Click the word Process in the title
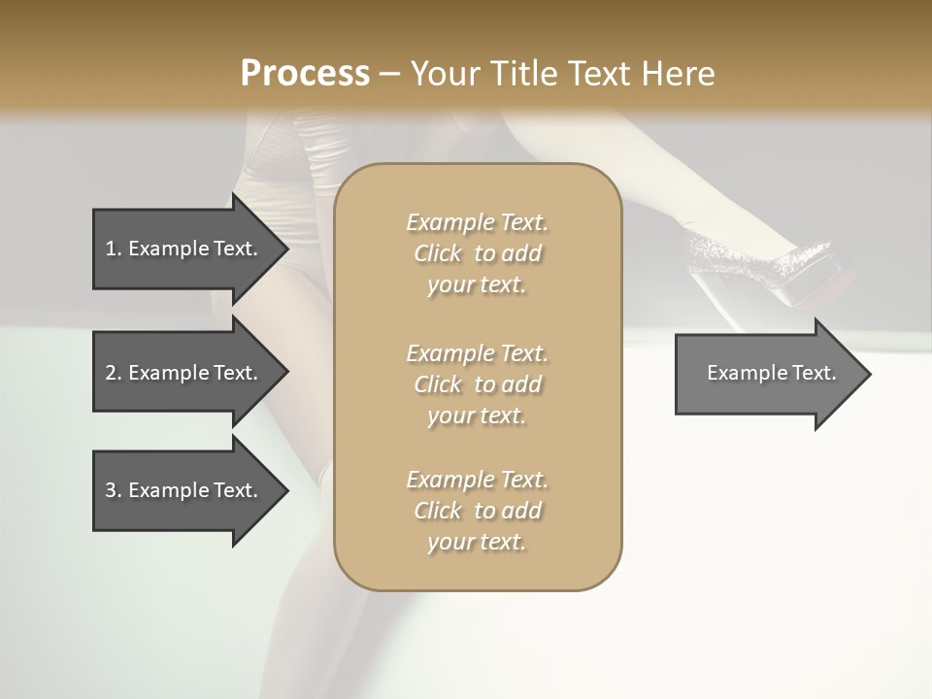coord(305,74)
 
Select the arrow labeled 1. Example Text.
coord(184,249)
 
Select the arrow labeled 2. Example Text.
coord(184,373)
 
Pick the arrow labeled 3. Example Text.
coord(184,490)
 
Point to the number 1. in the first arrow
coord(114,249)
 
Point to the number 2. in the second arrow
coord(114,373)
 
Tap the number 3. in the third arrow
coord(114,490)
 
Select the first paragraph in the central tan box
coord(477,253)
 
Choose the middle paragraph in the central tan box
coord(477,384)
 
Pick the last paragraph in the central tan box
coord(477,511)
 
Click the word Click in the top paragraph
coord(438,253)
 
